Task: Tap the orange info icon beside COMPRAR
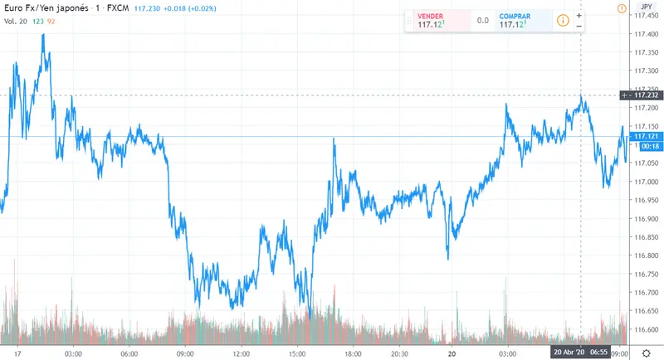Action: (563, 21)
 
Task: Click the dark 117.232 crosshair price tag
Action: (646, 95)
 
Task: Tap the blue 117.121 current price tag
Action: (646, 136)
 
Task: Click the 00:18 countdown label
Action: (645, 146)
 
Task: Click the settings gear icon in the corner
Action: (646, 353)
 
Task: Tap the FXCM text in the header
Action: (117, 8)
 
